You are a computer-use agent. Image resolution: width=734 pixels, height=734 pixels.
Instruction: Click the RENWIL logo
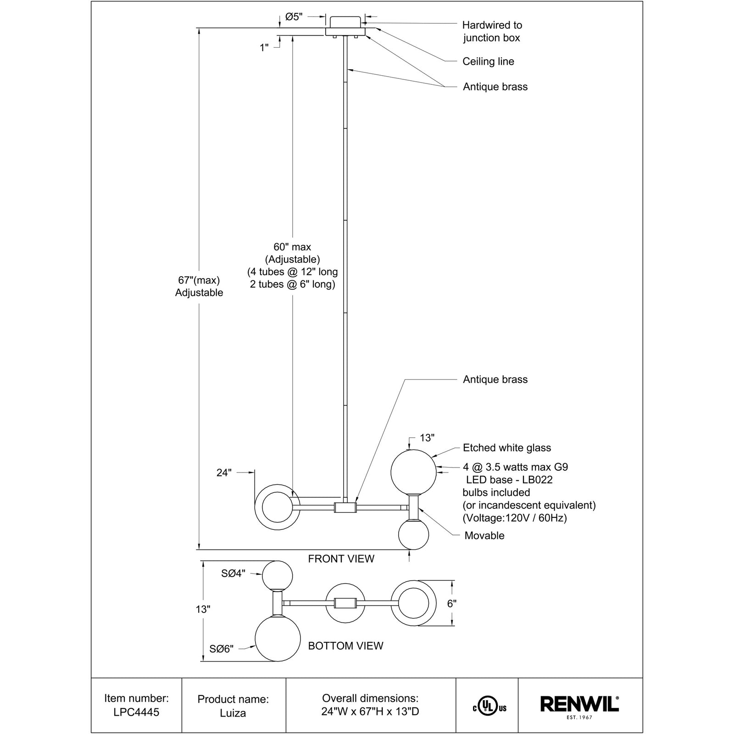click(x=580, y=704)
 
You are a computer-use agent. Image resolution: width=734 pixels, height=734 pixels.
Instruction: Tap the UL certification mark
click(x=489, y=708)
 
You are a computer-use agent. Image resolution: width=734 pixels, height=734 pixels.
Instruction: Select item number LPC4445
click(x=136, y=713)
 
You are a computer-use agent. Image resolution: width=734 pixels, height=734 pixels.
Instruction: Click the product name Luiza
click(x=233, y=713)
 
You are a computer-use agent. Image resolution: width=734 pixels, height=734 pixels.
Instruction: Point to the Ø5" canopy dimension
click(x=294, y=17)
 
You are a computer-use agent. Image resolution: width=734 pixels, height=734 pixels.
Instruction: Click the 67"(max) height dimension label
click(x=199, y=280)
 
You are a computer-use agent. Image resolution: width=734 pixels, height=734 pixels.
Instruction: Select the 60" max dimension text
click(x=292, y=247)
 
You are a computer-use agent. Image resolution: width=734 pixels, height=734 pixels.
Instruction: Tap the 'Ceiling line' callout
click(x=488, y=61)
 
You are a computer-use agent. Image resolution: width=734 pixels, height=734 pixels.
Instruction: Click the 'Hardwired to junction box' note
click(x=492, y=31)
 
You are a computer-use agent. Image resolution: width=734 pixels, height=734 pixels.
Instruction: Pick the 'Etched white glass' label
click(x=507, y=448)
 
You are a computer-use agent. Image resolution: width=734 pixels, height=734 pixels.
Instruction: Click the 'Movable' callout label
click(x=484, y=535)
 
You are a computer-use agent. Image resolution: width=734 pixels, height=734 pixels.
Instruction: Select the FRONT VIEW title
click(x=341, y=559)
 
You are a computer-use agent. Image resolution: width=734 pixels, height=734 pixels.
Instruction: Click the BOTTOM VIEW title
click(x=345, y=646)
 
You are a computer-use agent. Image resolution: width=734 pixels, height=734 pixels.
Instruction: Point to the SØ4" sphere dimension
click(x=234, y=573)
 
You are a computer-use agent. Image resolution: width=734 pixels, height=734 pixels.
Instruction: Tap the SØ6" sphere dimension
click(x=222, y=649)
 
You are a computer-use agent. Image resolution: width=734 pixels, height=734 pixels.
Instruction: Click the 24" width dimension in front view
click(x=224, y=473)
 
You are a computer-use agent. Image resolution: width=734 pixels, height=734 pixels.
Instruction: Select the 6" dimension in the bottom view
click(x=452, y=604)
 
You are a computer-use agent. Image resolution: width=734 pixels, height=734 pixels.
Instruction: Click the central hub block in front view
click(x=345, y=507)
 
